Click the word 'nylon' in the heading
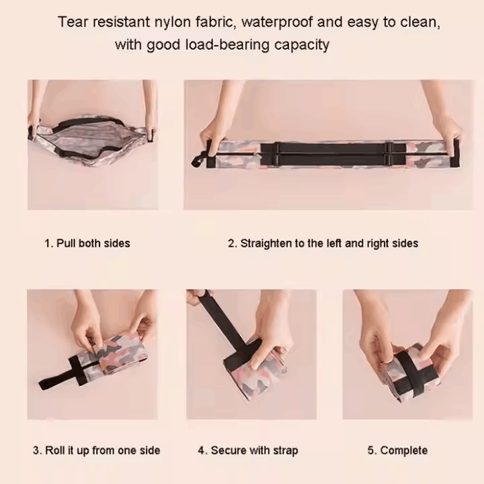[x=173, y=23]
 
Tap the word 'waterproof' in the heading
[x=276, y=22]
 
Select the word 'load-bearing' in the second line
[x=227, y=46]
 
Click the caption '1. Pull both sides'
[x=87, y=243]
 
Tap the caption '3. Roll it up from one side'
[x=96, y=450]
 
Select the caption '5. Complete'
[x=397, y=450]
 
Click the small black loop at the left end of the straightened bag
[x=198, y=160]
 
